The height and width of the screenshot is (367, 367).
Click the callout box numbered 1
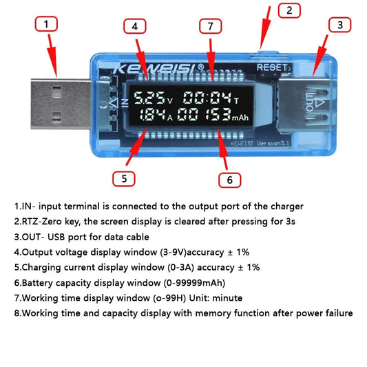pyautogui.click(x=46, y=25)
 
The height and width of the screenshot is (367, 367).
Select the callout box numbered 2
pyautogui.click(x=289, y=10)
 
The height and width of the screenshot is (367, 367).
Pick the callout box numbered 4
pyautogui.click(x=135, y=27)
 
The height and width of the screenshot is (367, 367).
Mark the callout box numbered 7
pyautogui.click(x=211, y=27)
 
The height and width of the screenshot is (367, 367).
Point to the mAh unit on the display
pyautogui.click(x=239, y=117)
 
